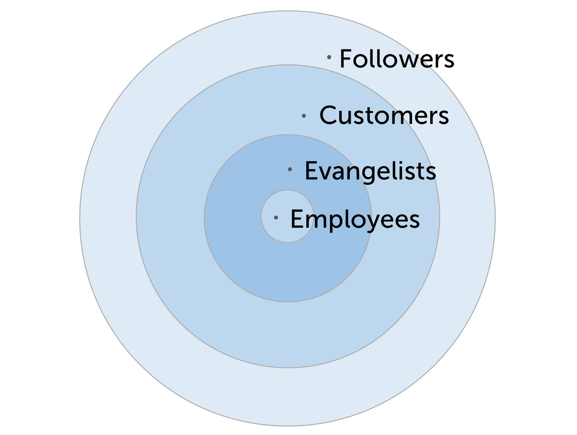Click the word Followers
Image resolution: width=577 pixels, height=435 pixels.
397,58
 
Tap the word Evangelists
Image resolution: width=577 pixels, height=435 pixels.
371,171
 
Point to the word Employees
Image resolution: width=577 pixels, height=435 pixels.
355,220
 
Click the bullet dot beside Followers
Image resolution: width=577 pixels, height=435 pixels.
329,57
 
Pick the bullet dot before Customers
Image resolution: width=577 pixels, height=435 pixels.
304,116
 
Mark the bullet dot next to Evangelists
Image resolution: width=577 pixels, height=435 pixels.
290,169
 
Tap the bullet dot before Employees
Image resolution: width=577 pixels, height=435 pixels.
276,217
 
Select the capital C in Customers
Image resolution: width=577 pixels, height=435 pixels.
327,115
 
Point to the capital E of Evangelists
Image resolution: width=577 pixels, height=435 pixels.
310,170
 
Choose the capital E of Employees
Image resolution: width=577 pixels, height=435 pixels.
296,219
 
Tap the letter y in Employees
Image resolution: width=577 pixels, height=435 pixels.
374,224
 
